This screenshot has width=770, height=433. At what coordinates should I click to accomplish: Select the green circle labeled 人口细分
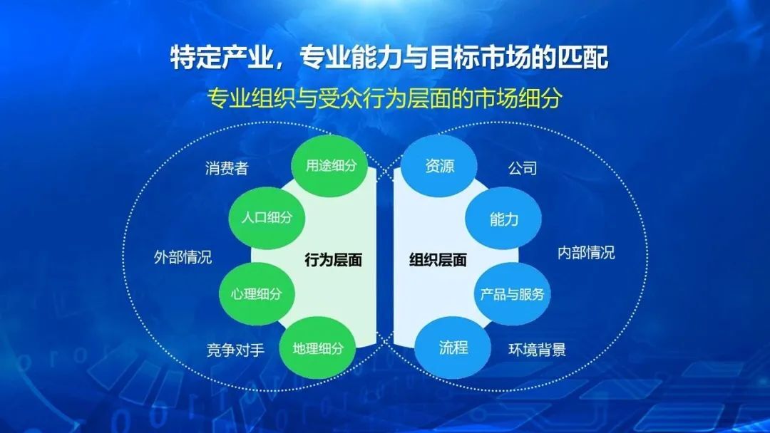[x=267, y=218]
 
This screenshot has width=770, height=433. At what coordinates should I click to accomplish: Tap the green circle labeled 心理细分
[x=257, y=293]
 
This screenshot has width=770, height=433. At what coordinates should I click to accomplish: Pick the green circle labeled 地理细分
[x=318, y=348]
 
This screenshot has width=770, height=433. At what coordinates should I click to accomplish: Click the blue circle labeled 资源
[x=439, y=166]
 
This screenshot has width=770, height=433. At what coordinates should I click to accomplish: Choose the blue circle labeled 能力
[x=503, y=219]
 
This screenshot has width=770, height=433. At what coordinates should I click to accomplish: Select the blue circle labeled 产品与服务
[x=512, y=293]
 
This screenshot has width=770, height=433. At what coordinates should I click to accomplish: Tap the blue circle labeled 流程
[x=453, y=348]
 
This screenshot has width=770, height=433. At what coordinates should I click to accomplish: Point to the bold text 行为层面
[x=334, y=260]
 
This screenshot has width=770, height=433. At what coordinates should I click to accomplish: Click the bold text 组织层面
[x=438, y=260]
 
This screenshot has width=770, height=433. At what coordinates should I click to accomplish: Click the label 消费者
[x=227, y=168]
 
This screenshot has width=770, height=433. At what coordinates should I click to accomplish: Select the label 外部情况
[x=183, y=257]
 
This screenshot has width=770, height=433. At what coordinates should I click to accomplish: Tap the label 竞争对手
[x=235, y=350]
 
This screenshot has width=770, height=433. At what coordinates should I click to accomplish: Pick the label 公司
[x=523, y=168]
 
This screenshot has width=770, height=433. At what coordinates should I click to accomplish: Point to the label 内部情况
[x=586, y=253]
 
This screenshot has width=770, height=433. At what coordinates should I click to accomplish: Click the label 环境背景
[x=538, y=350]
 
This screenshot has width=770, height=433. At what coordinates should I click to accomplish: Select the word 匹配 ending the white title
[x=583, y=58]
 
